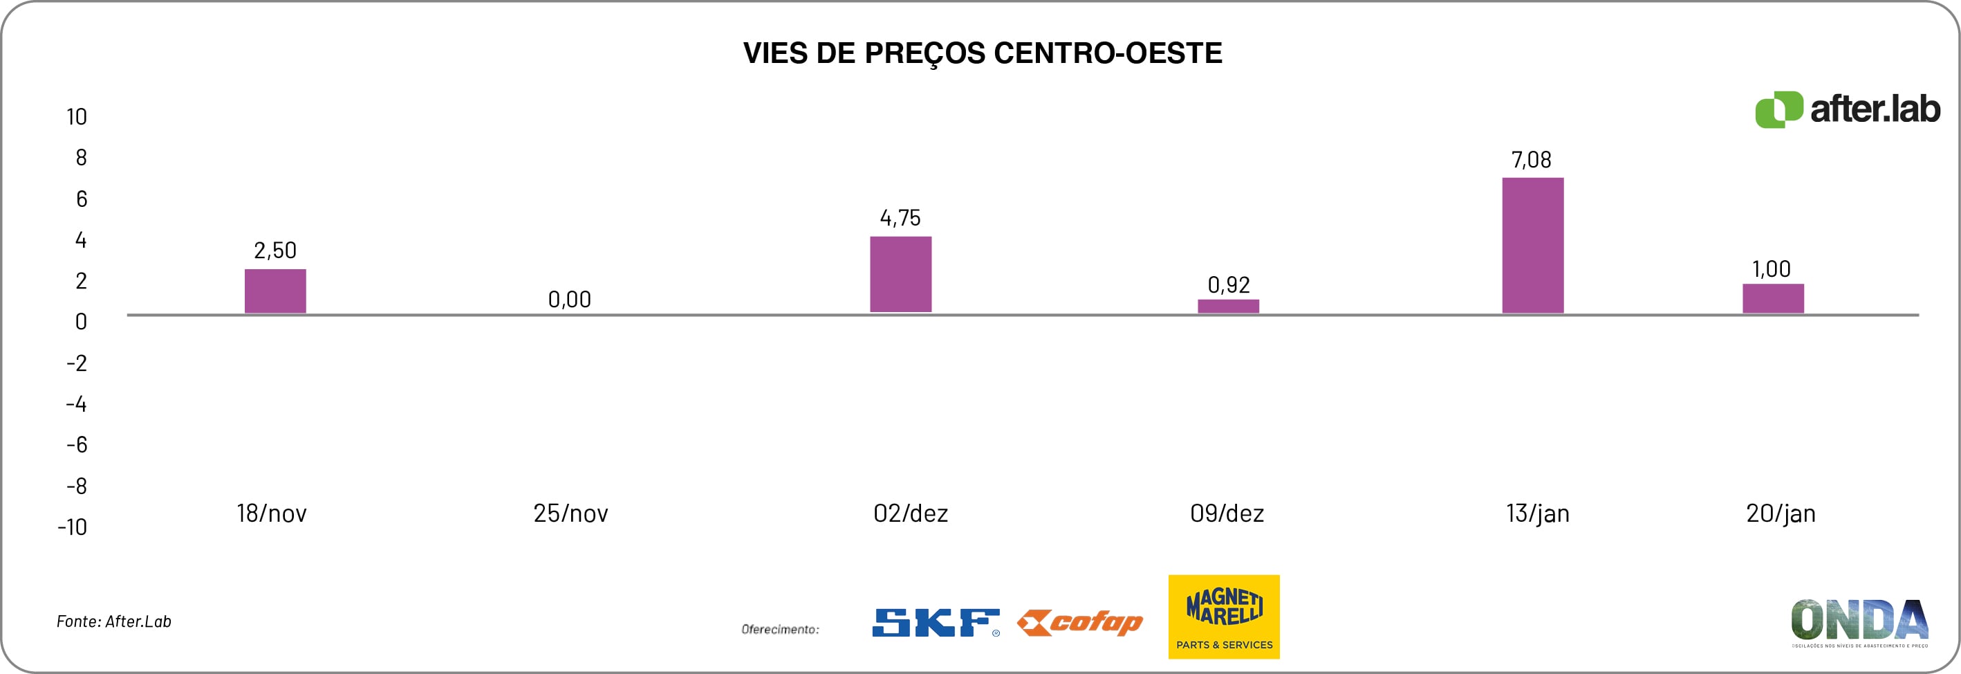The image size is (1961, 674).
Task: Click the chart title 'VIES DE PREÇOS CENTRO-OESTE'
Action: tap(982, 53)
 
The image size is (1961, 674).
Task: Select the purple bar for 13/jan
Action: tap(1532, 245)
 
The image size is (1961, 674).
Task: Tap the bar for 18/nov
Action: tap(275, 291)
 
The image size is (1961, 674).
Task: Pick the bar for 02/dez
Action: tap(900, 274)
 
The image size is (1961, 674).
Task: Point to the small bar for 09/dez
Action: tap(1228, 306)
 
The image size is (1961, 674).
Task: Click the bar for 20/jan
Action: tap(1773, 298)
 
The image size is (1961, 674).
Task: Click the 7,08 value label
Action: tap(1531, 160)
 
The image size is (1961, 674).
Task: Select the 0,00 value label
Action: tap(569, 300)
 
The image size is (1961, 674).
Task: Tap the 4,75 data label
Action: tap(900, 219)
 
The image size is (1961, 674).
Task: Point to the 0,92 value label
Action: tap(1228, 285)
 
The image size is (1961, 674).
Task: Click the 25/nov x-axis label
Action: tap(570, 513)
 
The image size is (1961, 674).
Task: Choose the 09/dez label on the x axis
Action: tap(1227, 513)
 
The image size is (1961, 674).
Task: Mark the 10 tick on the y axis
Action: tap(77, 116)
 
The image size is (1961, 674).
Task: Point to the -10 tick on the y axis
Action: tap(73, 527)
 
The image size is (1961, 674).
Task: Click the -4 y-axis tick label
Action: tap(76, 403)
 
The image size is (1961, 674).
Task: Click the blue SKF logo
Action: tap(936, 622)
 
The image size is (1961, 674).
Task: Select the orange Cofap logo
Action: tap(1079, 623)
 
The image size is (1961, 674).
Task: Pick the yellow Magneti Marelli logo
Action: tap(1223, 617)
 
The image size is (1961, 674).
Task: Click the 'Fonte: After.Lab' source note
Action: tap(114, 621)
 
